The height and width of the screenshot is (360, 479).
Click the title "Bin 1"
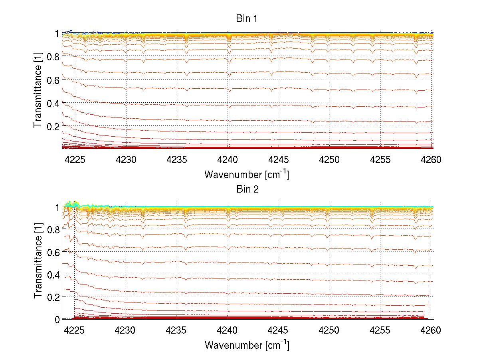pyautogui.click(x=247, y=19)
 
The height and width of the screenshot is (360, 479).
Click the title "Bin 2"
pyautogui.click(x=247, y=189)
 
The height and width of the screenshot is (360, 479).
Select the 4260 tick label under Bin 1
pyautogui.click(x=431, y=160)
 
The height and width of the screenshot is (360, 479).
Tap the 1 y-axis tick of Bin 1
pyautogui.click(x=57, y=33)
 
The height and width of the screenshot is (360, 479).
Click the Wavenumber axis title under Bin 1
pyautogui.click(x=247, y=174)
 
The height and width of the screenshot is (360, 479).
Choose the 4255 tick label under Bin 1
pyautogui.click(x=380, y=160)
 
